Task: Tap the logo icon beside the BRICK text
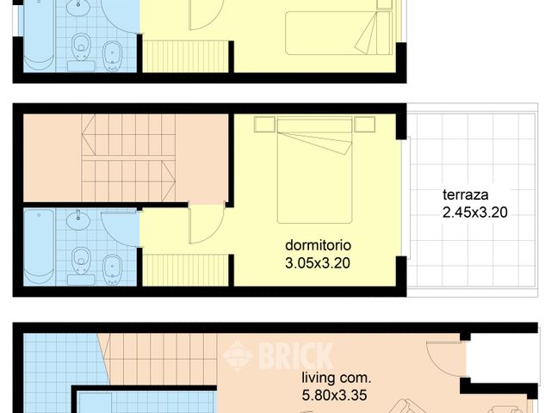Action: coord(238,354)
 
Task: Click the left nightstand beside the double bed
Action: coord(264,125)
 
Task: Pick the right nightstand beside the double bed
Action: coord(365,125)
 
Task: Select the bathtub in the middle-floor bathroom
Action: coord(40,245)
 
